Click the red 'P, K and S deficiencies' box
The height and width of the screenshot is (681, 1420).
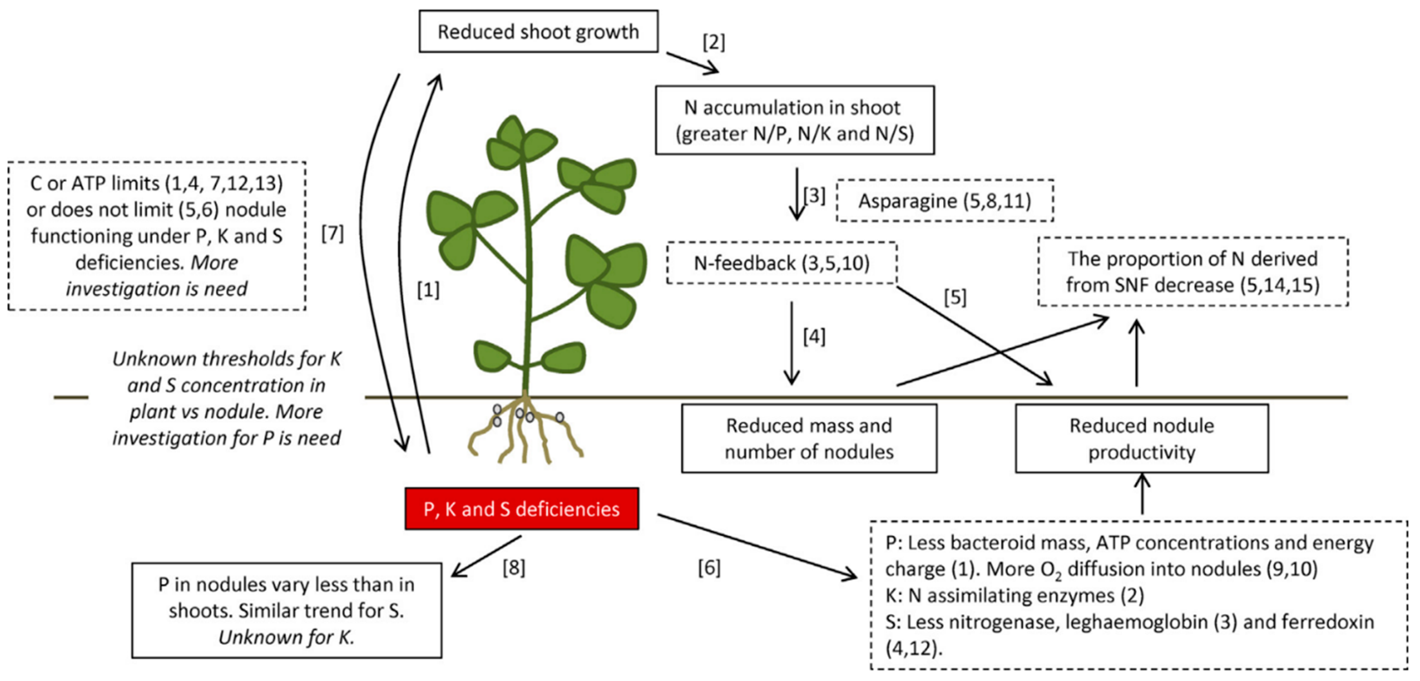tap(521, 509)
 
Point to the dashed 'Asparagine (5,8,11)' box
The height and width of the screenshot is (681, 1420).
tap(944, 201)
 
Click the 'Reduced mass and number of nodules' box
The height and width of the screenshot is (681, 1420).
tap(809, 438)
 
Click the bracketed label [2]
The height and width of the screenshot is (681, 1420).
tap(713, 42)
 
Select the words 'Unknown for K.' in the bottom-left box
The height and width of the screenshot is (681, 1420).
tap(286, 637)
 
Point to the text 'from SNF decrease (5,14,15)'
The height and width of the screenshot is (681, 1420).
tap(1192, 285)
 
